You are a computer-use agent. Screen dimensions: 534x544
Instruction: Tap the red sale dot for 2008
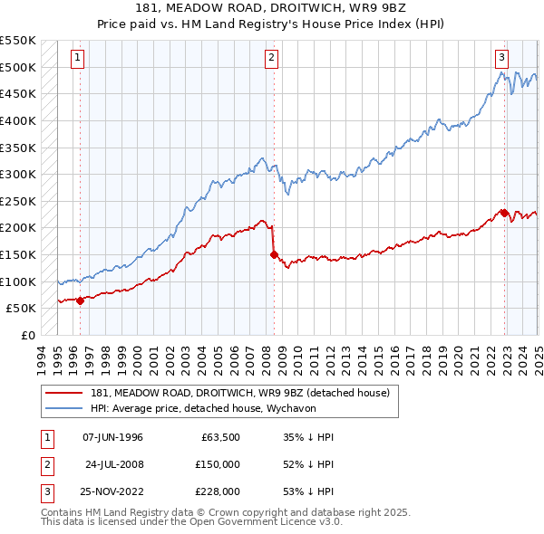point(273,254)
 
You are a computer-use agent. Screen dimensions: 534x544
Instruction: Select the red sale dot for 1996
point(80,300)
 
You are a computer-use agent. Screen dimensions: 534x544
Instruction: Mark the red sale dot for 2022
point(502,213)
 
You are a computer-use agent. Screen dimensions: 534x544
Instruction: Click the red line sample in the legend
point(65,393)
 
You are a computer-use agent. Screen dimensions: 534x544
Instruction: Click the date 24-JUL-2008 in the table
point(113,464)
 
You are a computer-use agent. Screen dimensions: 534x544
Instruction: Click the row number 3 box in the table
point(45,491)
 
